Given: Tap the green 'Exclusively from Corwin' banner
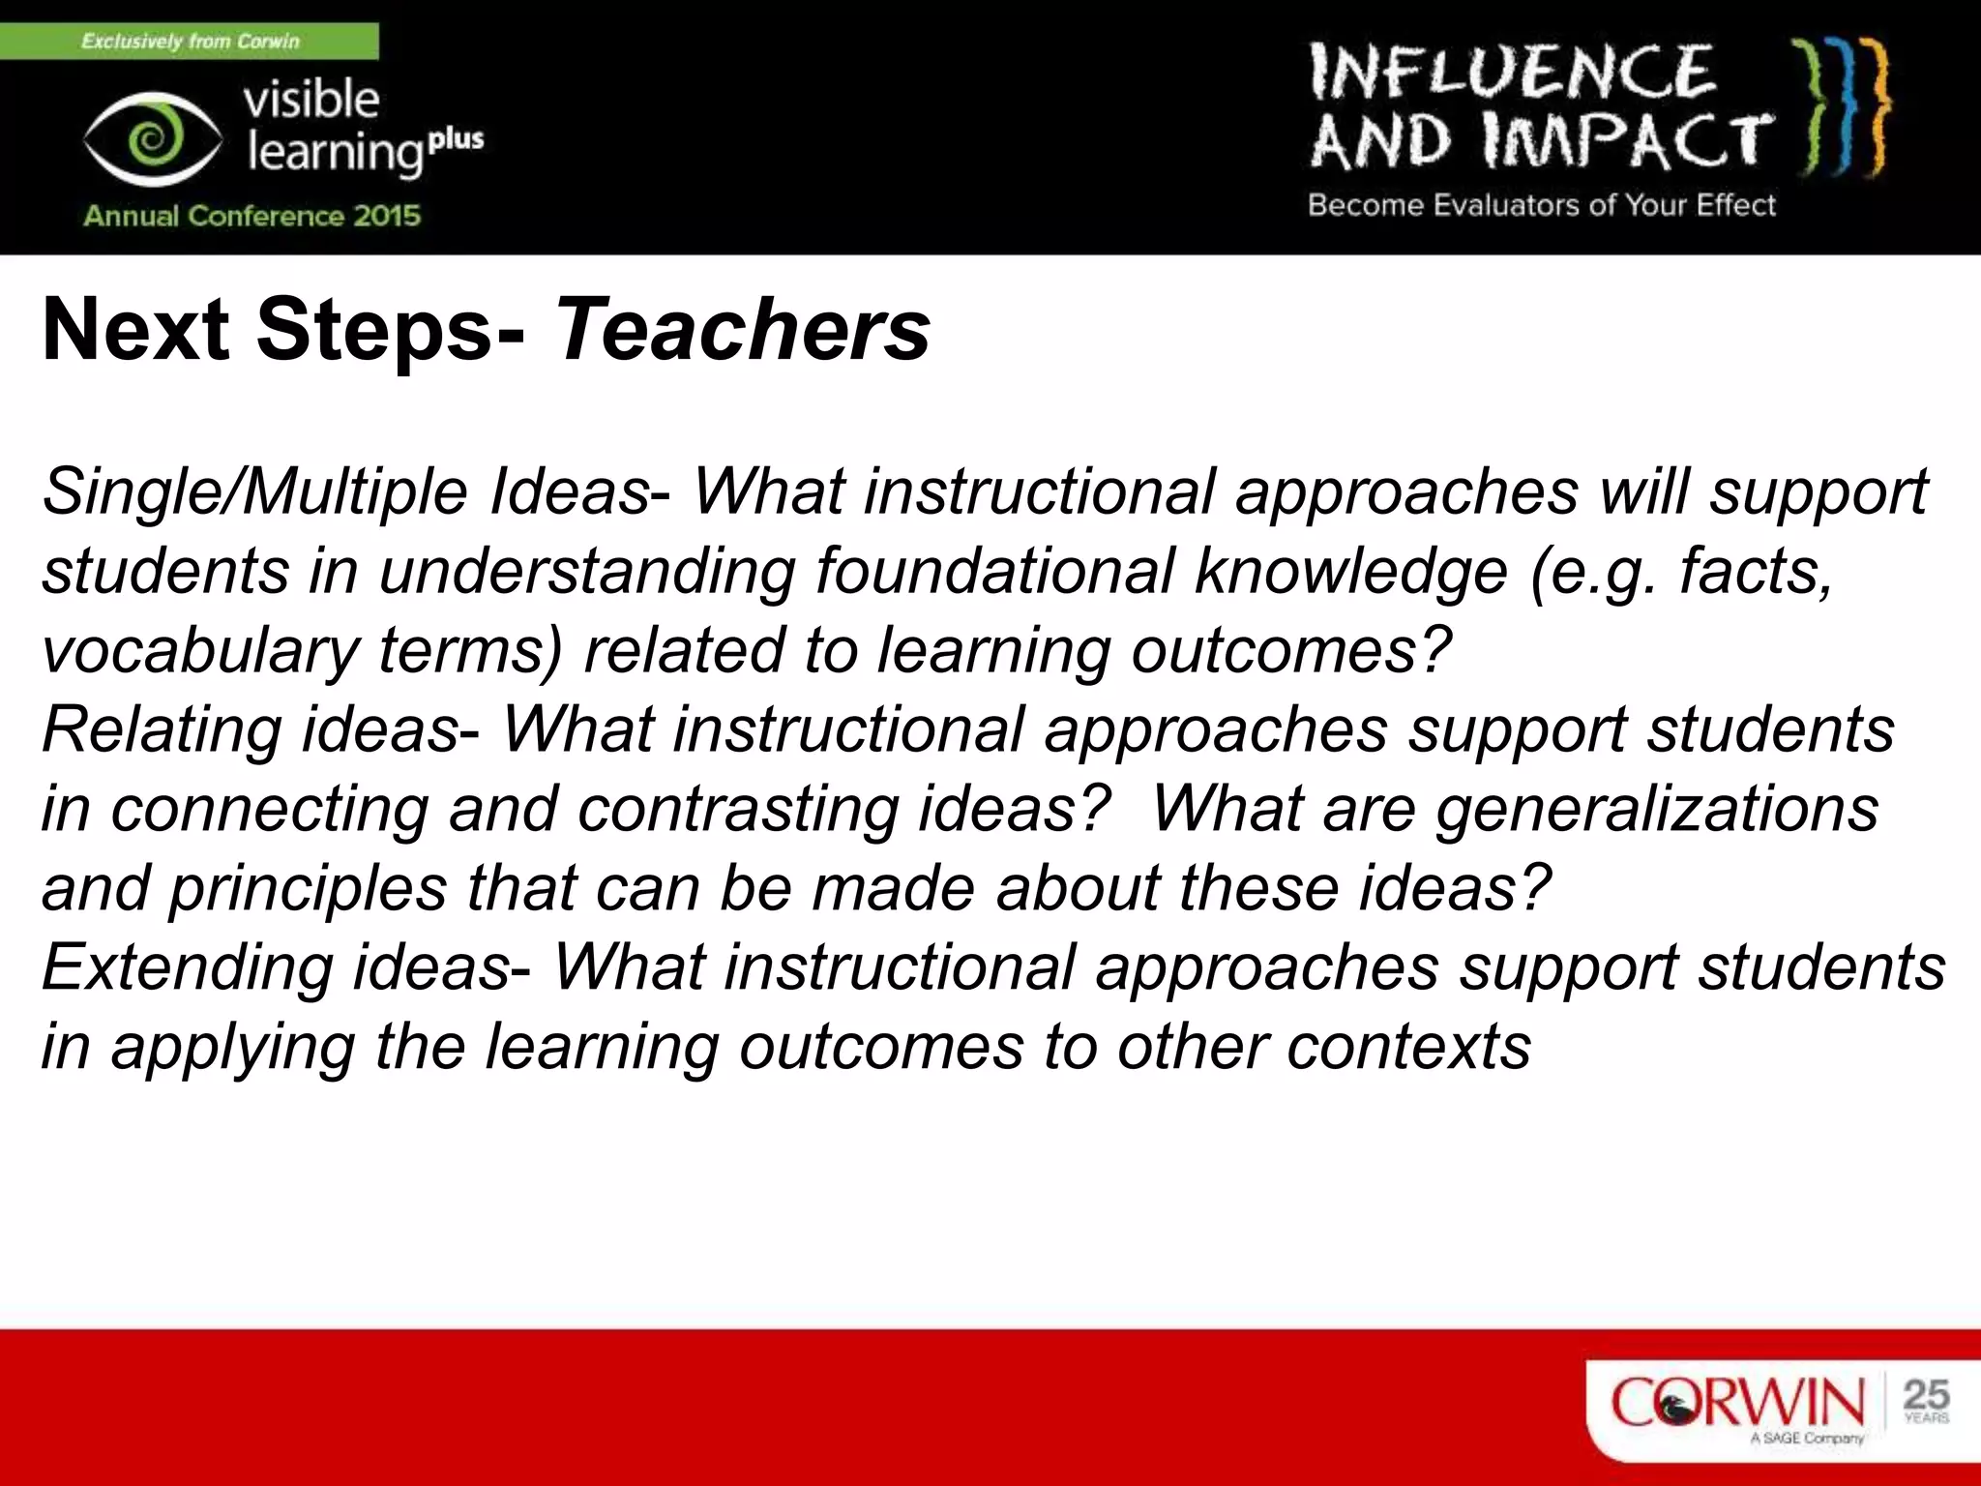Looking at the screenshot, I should click(x=190, y=42).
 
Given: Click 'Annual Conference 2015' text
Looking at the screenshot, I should click(x=251, y=215).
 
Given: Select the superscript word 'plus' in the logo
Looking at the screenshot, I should click(x=456, y=140).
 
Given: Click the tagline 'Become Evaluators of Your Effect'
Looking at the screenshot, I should click(x=1541, y=205).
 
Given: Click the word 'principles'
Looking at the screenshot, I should click(x=309, y=888).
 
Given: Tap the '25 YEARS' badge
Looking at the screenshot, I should click(x=1925, y=1401).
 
